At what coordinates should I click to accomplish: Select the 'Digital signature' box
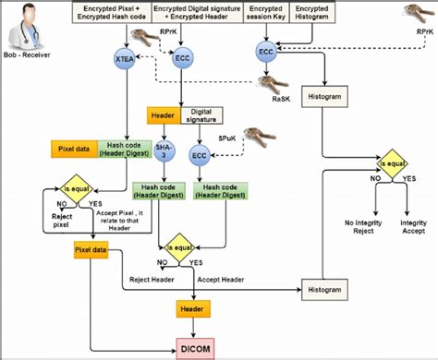(x=207, y=116)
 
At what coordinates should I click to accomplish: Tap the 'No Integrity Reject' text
(x=362, y=226)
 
